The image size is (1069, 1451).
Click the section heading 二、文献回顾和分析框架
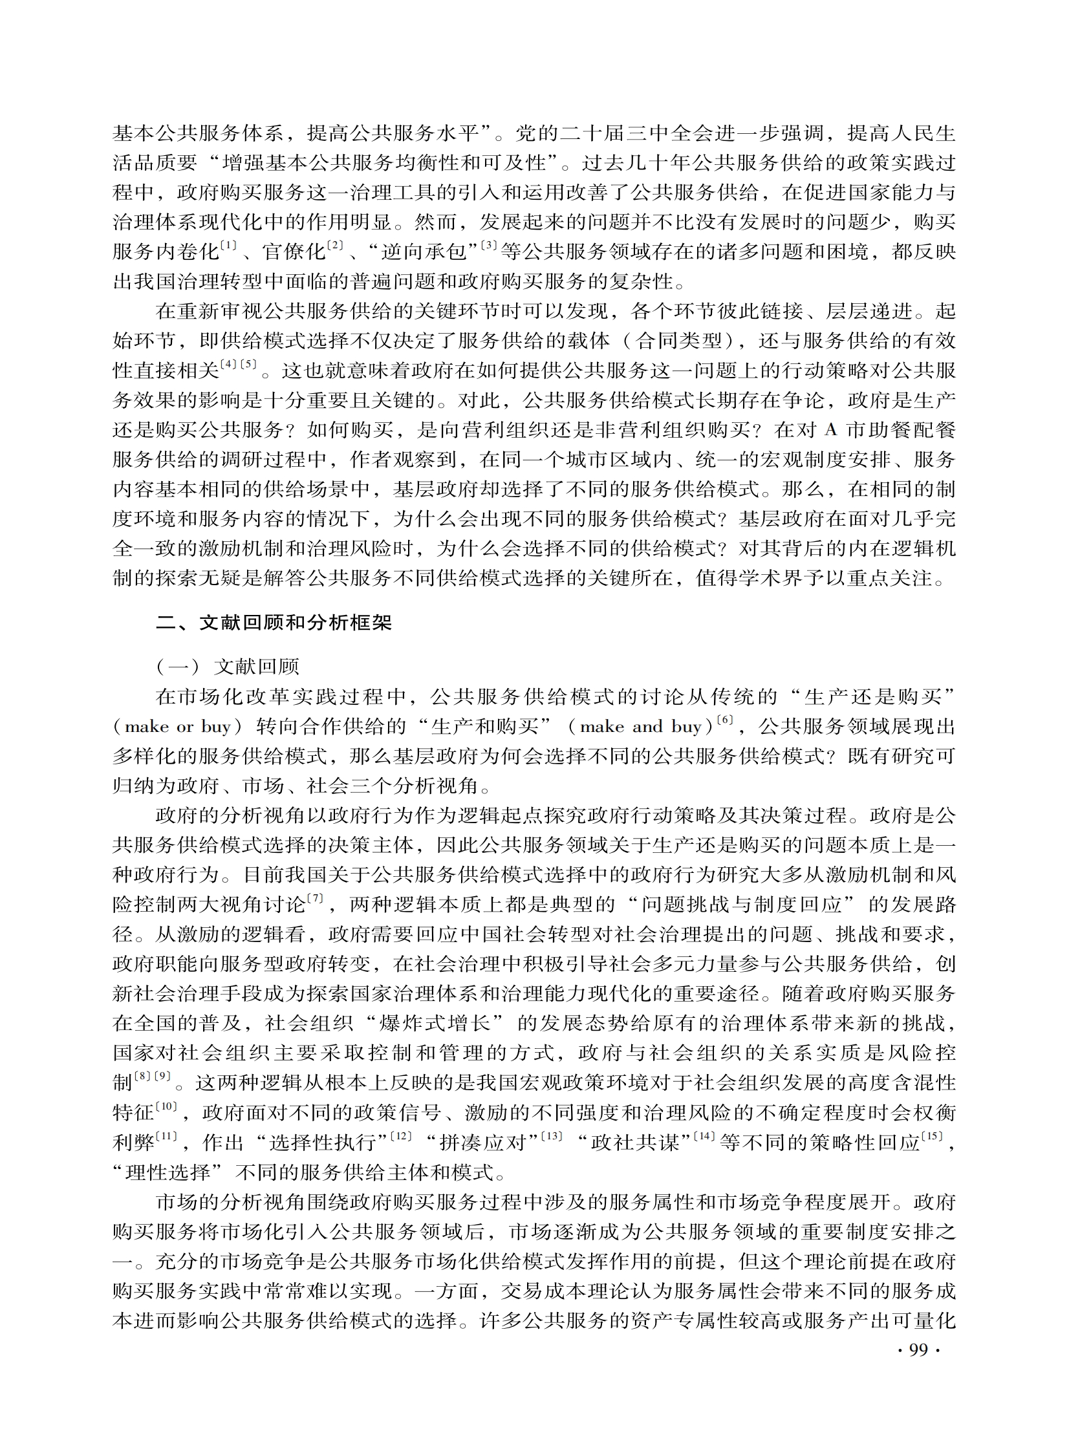pos(274,623)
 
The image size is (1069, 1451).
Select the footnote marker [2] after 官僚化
pos(334,245)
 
